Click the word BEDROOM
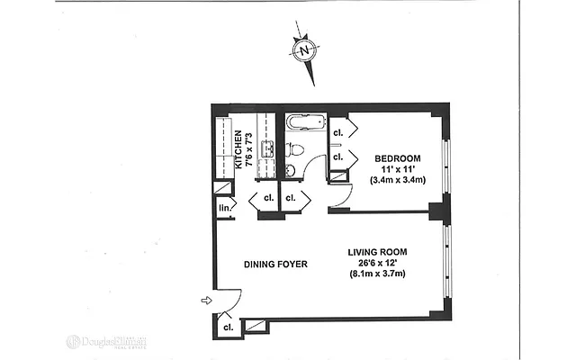point(398,159)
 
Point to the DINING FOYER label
point(275,264)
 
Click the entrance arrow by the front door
point(206,300)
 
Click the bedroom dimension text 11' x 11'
point(398,170)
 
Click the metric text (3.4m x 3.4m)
point(398,181)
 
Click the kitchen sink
point(266,149)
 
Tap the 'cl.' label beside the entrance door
point(228,327)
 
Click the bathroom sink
point(291,169)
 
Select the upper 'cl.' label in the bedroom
point(337,133)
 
